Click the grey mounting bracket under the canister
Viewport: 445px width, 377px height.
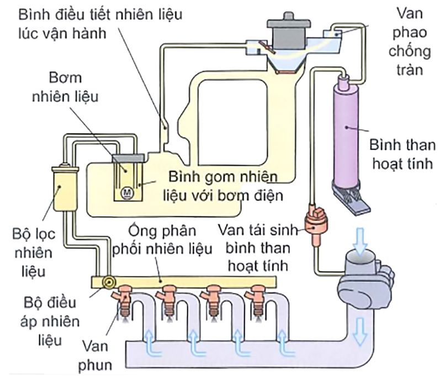[x=356, y=205]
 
